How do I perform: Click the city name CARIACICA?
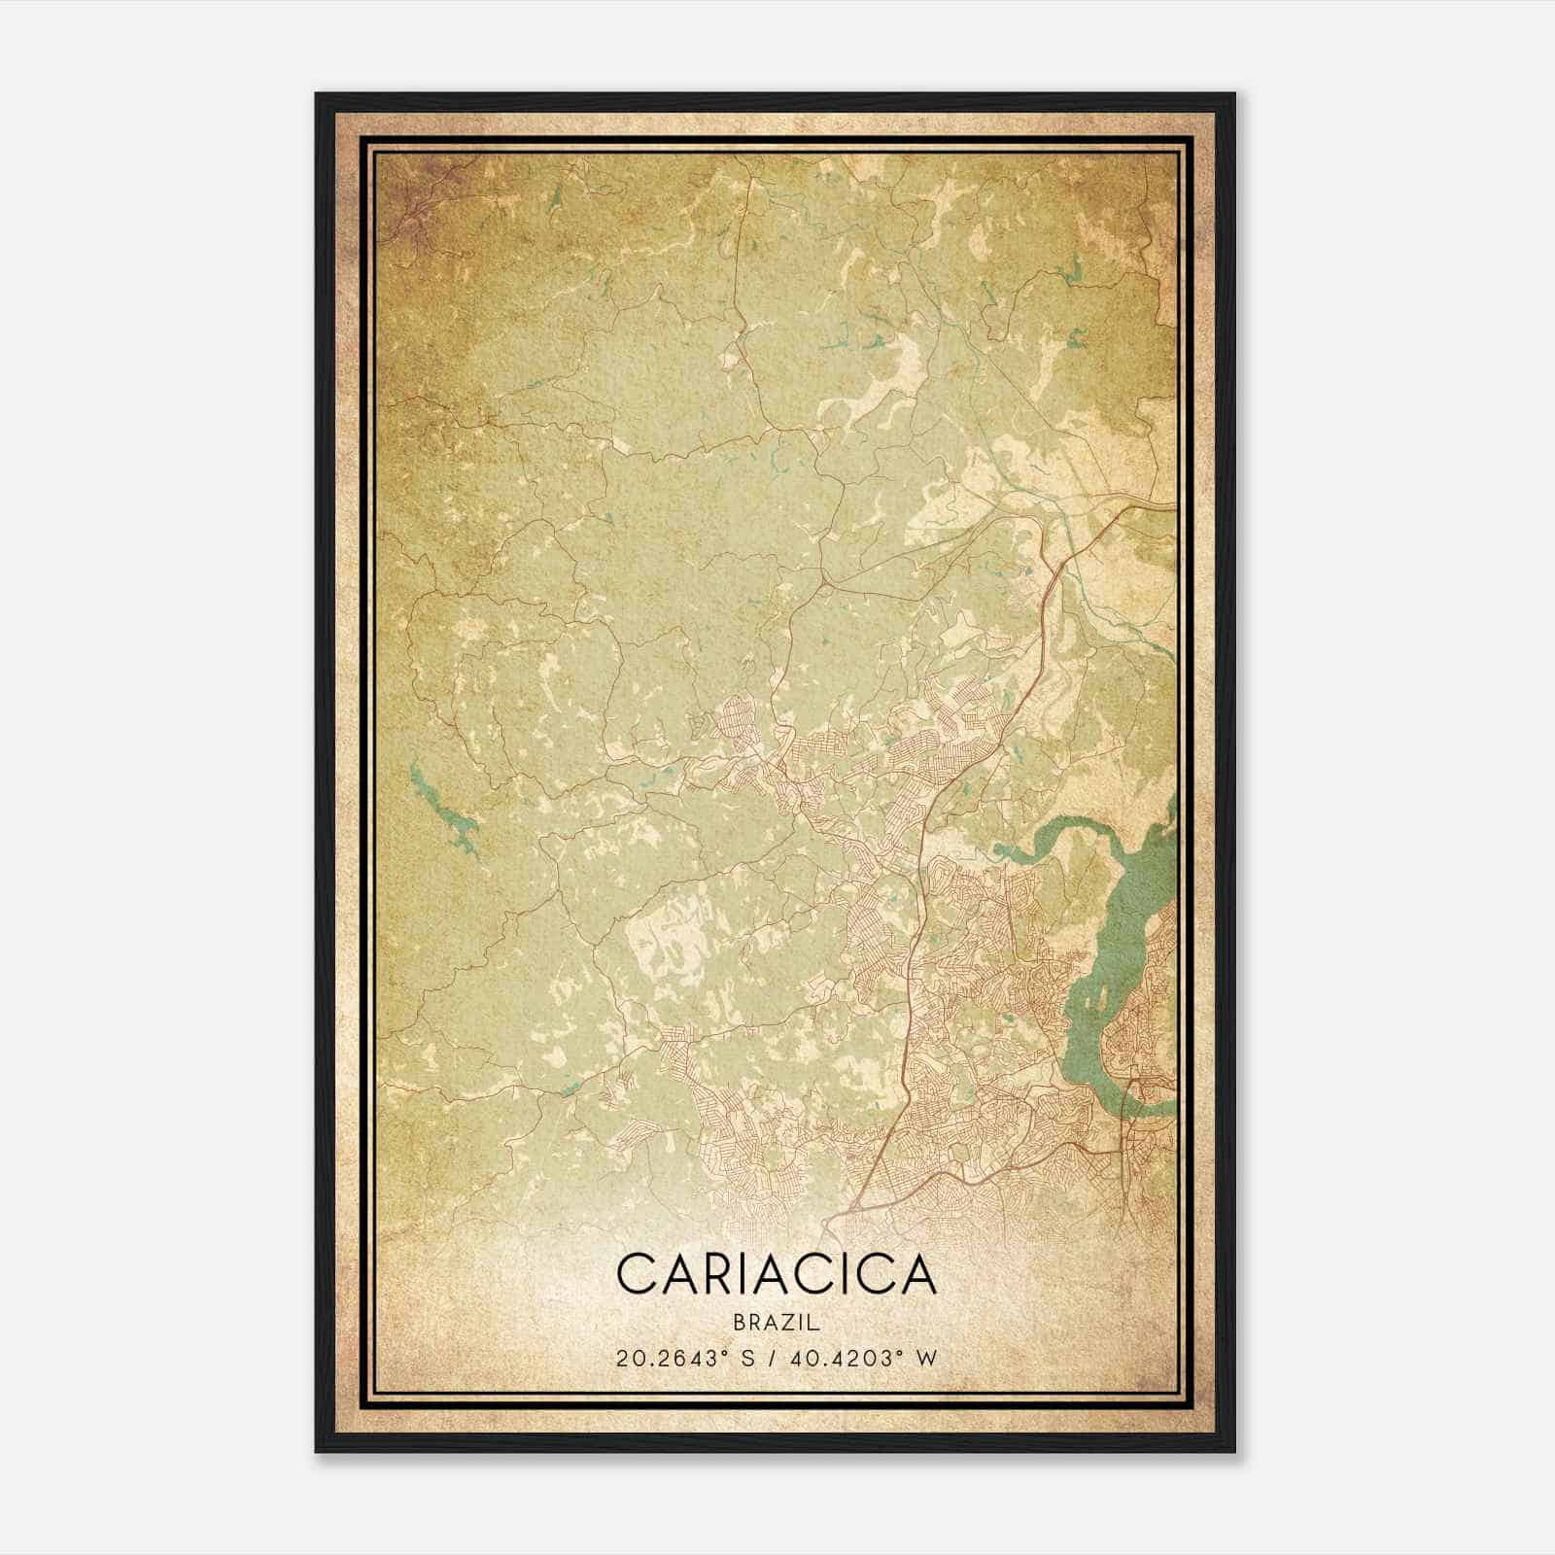(x=776, y=1274)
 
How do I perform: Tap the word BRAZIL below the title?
(x=776, y=1323)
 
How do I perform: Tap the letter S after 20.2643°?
(x=750, y=1358)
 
